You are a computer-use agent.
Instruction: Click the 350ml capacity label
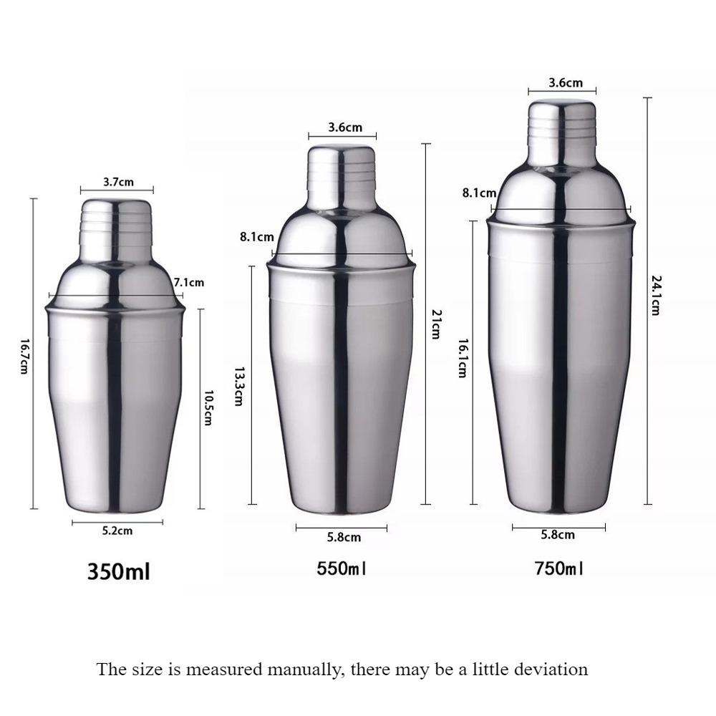coord(118,572)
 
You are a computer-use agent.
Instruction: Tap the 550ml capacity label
coord(342,569)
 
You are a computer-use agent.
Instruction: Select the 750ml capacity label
coord(558,569)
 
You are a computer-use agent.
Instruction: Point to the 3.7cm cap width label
coord(118,182)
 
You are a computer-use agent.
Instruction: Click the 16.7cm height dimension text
coord(24,356)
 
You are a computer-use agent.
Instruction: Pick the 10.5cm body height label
coord(208,407)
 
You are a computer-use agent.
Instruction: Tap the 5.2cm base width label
coord(117,531)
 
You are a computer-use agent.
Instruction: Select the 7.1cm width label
coord(189,282)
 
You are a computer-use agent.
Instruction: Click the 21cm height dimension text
coord(435,324)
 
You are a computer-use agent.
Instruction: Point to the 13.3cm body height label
coord(239,387)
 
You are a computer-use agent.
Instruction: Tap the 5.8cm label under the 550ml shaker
coord(344,537)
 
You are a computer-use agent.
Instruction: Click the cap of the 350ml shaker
coord(115,218)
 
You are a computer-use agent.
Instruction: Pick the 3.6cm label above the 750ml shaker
coord(566,82)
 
